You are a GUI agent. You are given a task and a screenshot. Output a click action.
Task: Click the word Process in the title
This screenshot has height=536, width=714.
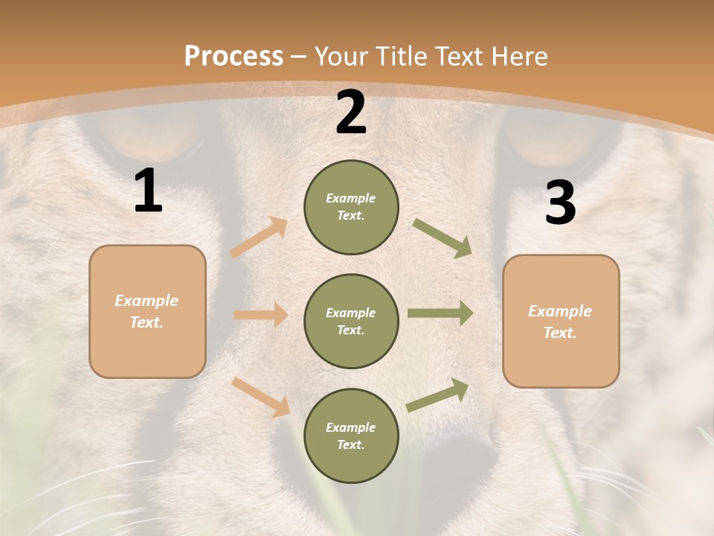coord(234,57)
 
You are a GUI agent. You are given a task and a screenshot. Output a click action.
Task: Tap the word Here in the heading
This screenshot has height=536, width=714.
coord(518,57)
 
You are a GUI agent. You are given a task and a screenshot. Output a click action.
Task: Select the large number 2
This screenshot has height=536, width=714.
coord(350,112)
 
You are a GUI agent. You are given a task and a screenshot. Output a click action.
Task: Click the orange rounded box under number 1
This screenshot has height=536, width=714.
coord(147,311)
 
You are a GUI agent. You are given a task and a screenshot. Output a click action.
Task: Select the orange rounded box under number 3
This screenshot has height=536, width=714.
coord(561,322)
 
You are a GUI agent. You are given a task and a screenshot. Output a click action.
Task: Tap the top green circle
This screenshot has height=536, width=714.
coord(351,207)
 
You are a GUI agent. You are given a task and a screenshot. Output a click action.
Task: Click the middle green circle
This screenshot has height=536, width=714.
coord(351,322)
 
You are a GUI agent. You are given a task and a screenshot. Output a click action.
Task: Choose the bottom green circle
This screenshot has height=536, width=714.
coord(351,435)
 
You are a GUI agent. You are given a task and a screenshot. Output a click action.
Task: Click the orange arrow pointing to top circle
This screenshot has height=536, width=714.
coord(259,237)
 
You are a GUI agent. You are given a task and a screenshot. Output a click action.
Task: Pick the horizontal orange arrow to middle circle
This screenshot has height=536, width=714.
coord(260,315)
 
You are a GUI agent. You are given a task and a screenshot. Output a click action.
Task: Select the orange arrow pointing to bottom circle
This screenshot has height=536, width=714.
coord(260,397)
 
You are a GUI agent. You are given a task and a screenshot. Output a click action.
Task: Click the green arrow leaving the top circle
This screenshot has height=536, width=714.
coord(443,238)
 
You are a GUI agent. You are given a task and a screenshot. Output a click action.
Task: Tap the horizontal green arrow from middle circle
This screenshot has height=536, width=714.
coord(440,313)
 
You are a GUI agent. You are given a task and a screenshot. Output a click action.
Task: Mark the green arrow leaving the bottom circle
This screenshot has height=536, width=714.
coord(437,395)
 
